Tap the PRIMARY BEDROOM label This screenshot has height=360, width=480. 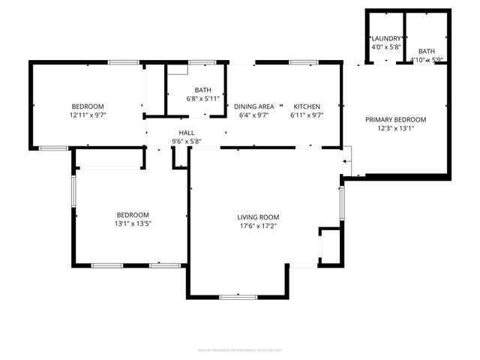(x=395, y=120)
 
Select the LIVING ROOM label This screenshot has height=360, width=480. (x=258, y=217)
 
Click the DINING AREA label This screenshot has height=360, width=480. (x=253, y=106)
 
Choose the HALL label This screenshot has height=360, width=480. (x=186, y=132)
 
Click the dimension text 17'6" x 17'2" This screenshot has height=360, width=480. (x=258, y=226)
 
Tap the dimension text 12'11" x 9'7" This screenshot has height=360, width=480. (x=88, y=115)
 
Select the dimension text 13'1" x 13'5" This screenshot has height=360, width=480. (x=132, y=223)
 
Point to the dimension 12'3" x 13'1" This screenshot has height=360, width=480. (x=395, y=128)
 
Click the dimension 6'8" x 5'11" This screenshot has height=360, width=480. (x=202, y=98)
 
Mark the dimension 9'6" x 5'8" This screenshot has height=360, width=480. (x=186, y=140)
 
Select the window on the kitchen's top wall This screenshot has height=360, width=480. (x=304, y=62)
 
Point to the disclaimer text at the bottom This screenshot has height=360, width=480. (x=239, y=349)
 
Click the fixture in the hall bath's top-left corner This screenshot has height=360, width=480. (x=177, y=70)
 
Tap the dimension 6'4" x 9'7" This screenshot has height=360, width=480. (x=253, y=115)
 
